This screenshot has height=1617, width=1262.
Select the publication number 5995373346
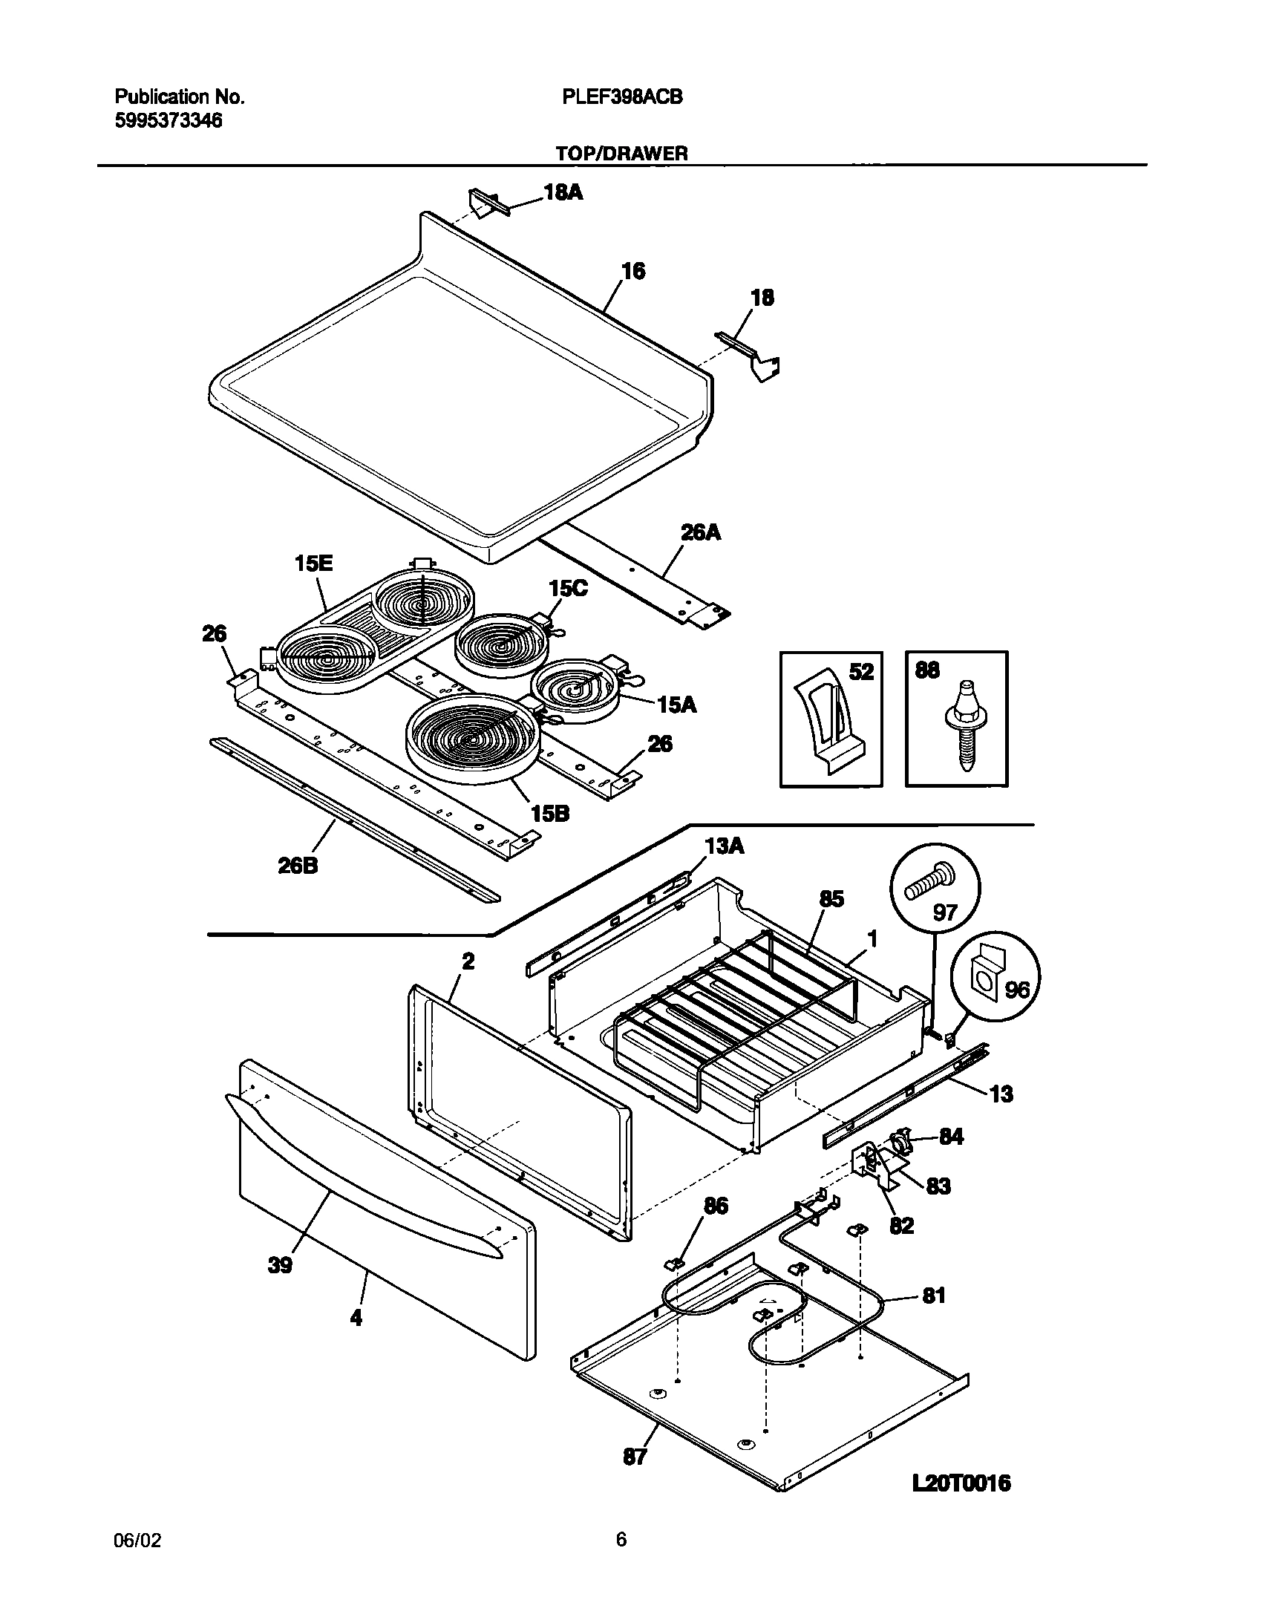[169, 121]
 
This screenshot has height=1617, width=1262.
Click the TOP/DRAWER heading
[621, 154]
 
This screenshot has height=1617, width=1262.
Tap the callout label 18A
[563, 193]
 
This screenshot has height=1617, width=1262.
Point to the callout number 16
[632, 271]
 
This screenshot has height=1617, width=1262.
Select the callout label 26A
[701, 532]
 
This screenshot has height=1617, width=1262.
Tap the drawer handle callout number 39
[280, 1266]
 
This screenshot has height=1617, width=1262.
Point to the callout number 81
[933, 1296]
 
